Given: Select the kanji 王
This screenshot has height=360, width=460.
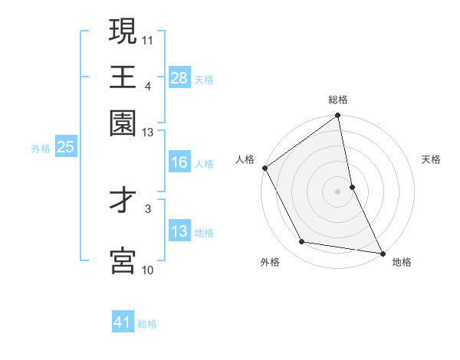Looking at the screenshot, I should [123, 77].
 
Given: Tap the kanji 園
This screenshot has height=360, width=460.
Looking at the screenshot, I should [123, 123].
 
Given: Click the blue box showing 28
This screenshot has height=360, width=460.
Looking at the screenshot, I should [179, 78].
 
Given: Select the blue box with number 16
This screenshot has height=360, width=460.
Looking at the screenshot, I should [179, 162].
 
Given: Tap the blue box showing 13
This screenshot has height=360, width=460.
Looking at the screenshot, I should [179, 231].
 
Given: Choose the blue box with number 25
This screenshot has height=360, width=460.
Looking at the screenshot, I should [65, 147].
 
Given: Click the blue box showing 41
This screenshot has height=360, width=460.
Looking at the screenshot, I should [123, 322].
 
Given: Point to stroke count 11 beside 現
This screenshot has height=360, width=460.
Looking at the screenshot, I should [148, 38].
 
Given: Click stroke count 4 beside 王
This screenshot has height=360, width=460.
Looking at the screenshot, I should [147, 87].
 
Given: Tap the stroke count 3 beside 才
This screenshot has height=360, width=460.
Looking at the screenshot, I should [148, 207].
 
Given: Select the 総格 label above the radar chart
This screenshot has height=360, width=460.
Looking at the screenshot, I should [338, 100].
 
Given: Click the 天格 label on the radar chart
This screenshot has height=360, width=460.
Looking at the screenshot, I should [432, 159].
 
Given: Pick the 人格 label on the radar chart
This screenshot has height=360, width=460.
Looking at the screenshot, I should [245, 159].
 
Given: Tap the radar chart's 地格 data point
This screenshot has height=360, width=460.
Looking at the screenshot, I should [382, 252].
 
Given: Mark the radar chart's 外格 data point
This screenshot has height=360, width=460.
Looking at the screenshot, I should [302, 242].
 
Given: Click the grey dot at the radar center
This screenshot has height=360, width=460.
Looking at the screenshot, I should [338, 191].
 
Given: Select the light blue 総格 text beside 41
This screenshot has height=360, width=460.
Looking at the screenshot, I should [147, 324].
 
